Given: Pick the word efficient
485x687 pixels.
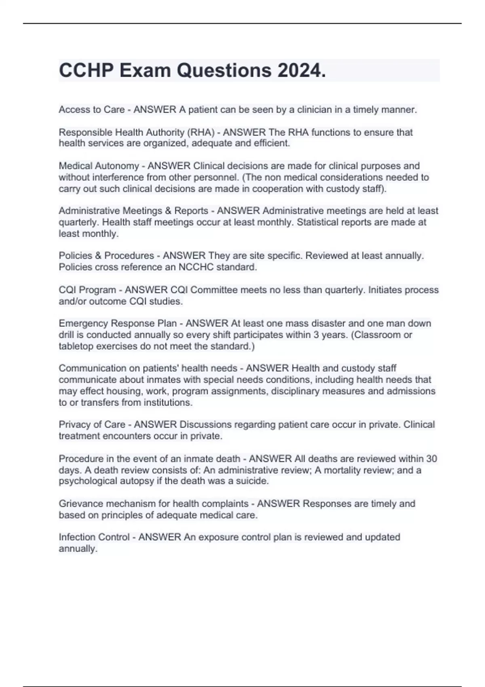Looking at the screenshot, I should click(x=272, y=143).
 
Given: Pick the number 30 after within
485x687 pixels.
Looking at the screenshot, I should click(x=432, y=459).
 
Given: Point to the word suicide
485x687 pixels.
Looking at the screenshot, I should click(x=253, y=481).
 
